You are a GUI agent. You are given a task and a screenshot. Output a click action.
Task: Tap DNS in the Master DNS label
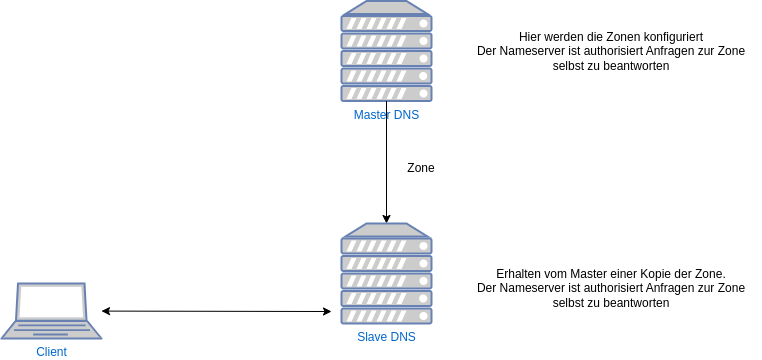tap(407, 115)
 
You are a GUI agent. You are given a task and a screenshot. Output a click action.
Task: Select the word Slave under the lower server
tap(373, 337)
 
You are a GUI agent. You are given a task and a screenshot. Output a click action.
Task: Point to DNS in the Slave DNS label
tap(403, 337)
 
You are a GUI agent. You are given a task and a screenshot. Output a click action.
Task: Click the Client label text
tap(51, 352)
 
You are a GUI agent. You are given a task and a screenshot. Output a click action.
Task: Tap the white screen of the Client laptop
tap(52, 302)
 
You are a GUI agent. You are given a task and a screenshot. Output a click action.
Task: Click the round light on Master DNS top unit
tap(424, 22)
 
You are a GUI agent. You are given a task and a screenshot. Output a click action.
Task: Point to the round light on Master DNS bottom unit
tap(424, 93)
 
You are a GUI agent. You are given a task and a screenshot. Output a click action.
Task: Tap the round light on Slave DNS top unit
tap(424, 245)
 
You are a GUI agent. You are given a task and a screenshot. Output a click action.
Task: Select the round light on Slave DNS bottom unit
tap(424, 315)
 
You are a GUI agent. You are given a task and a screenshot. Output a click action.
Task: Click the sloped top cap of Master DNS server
tap(386, 7)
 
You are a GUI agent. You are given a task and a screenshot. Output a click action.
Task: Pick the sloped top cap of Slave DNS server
tap(386, 229)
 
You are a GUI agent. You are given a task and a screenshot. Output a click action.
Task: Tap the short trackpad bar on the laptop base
tap(50, 335)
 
